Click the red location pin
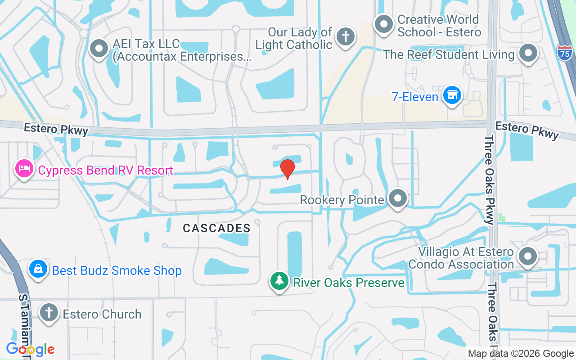(x=287, y=168)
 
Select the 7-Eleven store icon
(x=452, y=95)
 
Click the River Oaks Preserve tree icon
(x=279, y=281)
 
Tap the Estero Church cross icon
(x=49, y=312)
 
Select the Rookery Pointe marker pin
(x=398, y=198)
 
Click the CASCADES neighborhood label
(x=216, y=228)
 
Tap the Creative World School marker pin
(x=384, y=24)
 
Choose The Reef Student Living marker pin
(x=528, y=53)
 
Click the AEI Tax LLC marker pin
(x=99, y=48)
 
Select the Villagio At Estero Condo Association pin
(x=527, y=257)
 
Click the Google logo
(x=30, y=349)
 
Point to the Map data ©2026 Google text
(x=521, y=354)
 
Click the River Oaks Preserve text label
(x=349, y=283)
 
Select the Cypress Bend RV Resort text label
(x=105, y=171)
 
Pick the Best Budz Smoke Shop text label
(x=117, y=270)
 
